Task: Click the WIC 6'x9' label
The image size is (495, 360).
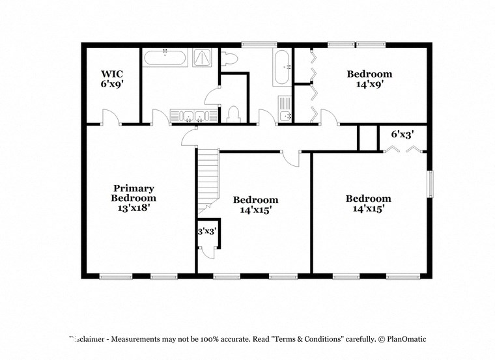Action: tap(112, 79)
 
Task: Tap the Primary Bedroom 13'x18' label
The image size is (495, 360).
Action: tap(134, 199)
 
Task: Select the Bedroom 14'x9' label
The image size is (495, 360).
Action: tap(369, 79)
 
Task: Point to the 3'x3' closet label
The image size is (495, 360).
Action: tap(207, 231)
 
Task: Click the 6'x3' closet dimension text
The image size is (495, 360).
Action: tap(403, 135)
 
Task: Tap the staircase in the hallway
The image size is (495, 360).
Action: tap(207, 179)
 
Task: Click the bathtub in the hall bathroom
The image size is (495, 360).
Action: tap(282, 68)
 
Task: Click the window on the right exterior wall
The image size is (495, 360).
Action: tap(429, 184)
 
